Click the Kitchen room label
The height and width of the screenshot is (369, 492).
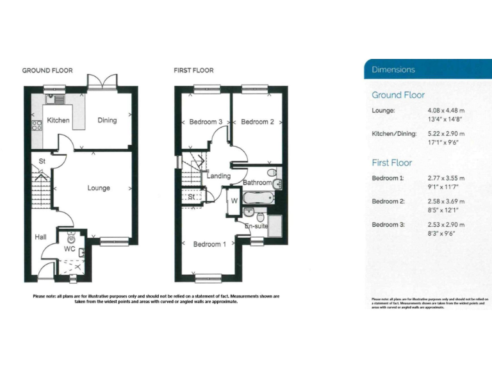tap(58, 120)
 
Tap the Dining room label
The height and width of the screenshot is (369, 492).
tap(107, 120)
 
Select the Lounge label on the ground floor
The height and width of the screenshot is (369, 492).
tap(99, 188)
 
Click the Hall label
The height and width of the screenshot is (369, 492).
tap(40, 238)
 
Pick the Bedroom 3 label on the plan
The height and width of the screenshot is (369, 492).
tap(206, 122)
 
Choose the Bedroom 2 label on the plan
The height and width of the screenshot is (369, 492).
tap(258, 122)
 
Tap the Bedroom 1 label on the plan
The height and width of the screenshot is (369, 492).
tap(209, 244)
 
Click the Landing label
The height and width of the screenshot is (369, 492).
tap(219, 176)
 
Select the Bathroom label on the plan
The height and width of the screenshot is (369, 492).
tap(257, 183)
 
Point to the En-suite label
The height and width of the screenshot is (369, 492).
tap(256, 225)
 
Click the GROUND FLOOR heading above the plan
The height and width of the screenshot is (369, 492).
tap(47, 70)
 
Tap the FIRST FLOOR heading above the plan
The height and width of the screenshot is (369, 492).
tap(193, 70)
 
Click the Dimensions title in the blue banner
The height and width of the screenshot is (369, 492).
tap(393, 70)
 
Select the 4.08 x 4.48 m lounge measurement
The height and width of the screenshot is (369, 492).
tap(446, 110)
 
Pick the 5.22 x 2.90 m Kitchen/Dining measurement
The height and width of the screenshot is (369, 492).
tap(446, 134)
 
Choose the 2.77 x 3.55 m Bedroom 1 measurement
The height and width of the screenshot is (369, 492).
tap(446, 178)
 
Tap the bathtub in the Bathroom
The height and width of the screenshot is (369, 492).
tap(259, 198)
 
